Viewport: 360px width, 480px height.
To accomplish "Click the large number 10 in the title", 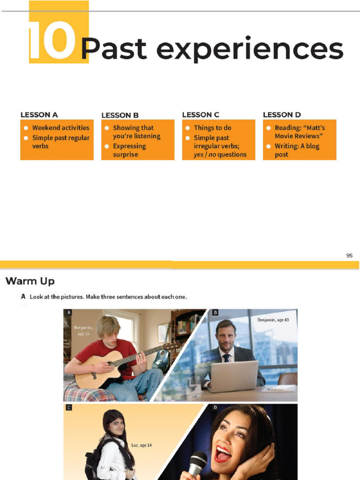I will point(52,41).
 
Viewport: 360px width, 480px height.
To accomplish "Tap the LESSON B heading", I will point(120,115).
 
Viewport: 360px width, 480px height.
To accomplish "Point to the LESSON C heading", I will point(201,114).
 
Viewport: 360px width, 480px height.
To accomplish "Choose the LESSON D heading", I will point(282,114).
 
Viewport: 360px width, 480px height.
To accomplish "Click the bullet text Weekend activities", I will point(60,127).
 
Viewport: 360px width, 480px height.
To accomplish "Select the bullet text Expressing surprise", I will point(129,150).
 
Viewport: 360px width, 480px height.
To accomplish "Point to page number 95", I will point(349,255).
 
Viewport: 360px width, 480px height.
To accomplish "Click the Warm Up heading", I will point(30,281).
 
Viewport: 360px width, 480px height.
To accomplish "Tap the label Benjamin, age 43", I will point(277,320).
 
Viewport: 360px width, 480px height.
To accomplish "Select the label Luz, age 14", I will point(141,445).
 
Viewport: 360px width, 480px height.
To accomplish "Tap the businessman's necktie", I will point(226,358).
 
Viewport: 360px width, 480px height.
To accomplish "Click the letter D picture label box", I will point(215,407).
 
